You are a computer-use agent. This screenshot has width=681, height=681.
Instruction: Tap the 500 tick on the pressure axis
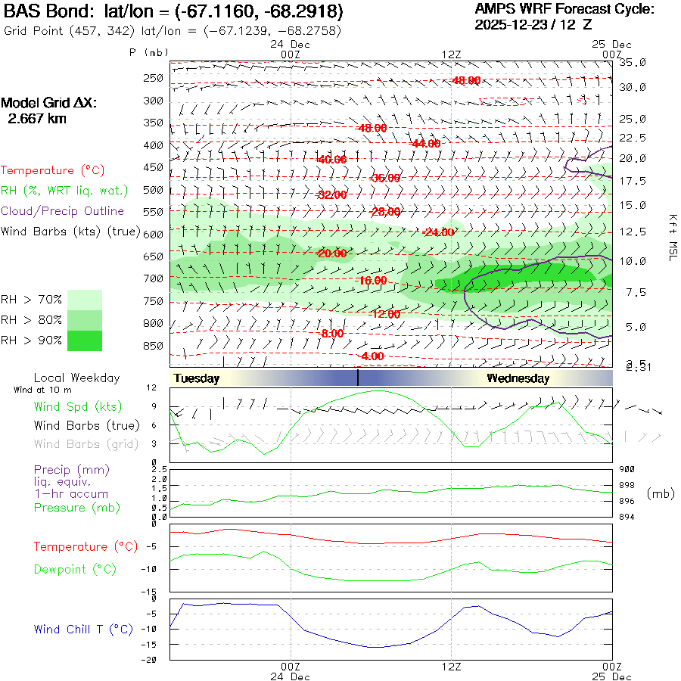tap(154, 190)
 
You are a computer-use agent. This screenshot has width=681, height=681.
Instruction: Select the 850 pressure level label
tap(154, 347)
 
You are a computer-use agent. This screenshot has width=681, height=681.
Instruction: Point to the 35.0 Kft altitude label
tap(633, 62)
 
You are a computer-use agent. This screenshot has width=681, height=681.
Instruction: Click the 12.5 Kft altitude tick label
tap(633, 232)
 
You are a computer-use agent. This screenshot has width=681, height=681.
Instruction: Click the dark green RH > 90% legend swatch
tap(84, 340)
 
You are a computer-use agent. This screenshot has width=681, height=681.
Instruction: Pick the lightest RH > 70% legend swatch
tap(84, 300)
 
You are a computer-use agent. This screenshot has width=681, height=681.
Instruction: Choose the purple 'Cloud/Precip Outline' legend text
tap(63, 211)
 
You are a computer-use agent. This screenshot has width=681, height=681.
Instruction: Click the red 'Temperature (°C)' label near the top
tap(48, 171)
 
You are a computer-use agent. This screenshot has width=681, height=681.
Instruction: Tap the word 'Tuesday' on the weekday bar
tap(196, 378)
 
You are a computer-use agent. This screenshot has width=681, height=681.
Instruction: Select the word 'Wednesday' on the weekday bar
tap(518, 378)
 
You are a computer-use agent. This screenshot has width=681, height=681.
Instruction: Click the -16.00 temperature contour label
tap(372, 281)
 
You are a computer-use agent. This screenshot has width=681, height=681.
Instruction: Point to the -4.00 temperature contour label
tap(372, 356)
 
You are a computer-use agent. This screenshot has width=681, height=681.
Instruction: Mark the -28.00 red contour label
tap(384, 211)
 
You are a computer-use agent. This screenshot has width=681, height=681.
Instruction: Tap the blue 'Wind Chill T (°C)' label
tap(83, 630)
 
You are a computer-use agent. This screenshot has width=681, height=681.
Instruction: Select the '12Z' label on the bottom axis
tap(451, 667)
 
